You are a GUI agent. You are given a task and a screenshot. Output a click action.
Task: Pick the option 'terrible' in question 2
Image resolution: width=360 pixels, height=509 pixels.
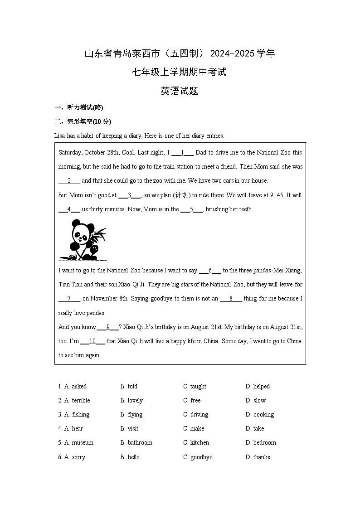(81, 401)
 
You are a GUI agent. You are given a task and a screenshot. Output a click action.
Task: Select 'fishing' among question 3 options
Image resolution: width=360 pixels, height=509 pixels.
(81, 415)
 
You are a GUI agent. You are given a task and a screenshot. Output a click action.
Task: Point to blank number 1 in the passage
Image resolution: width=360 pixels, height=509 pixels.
(182, 153)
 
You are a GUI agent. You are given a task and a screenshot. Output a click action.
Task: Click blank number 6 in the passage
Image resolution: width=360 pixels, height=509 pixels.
(210, 271)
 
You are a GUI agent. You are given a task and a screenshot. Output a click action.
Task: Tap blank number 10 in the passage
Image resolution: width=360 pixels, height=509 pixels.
(92, 341)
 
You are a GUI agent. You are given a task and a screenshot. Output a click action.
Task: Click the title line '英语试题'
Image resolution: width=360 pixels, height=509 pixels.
(180, 91)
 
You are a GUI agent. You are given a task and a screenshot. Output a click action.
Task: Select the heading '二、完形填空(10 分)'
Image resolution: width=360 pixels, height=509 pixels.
(83, 121)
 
